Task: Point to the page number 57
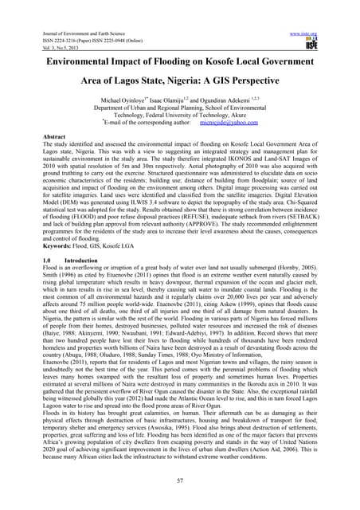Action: pyautogui.click(x=180, y=482)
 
